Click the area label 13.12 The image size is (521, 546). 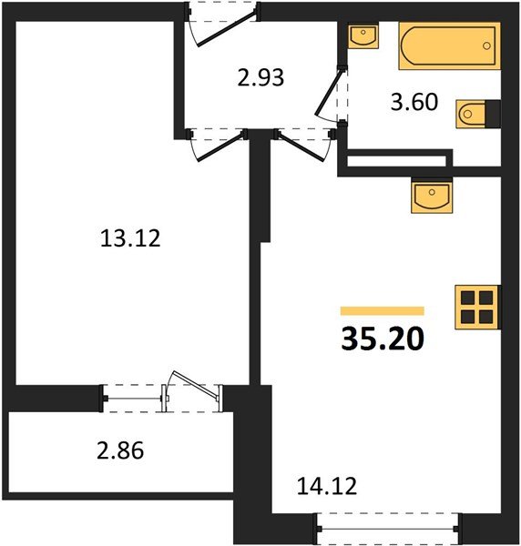(128, 239)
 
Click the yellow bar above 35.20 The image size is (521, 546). (382, 311)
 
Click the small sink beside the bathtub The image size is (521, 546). (363, 36)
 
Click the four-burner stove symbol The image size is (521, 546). (476, 307)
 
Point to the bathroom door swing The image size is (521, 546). (330, 98)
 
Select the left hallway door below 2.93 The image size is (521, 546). (216, 142)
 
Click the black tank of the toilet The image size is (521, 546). (492, 114)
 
